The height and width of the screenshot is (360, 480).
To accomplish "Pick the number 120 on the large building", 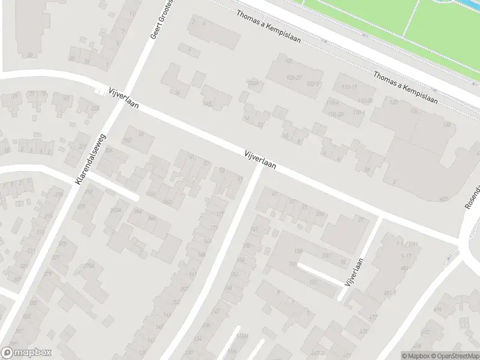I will coord(394,103).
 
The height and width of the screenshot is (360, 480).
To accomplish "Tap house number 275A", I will coord(89,265).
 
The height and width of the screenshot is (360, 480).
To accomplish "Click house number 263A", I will coord(116,209).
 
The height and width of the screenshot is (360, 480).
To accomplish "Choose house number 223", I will coord(95,109).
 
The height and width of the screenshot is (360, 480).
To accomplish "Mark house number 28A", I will coord(320,214).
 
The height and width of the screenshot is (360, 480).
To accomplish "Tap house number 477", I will coord(373,316).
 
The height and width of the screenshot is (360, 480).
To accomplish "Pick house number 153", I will coord(176,302).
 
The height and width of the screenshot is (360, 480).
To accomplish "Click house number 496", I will coord(437,310).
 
